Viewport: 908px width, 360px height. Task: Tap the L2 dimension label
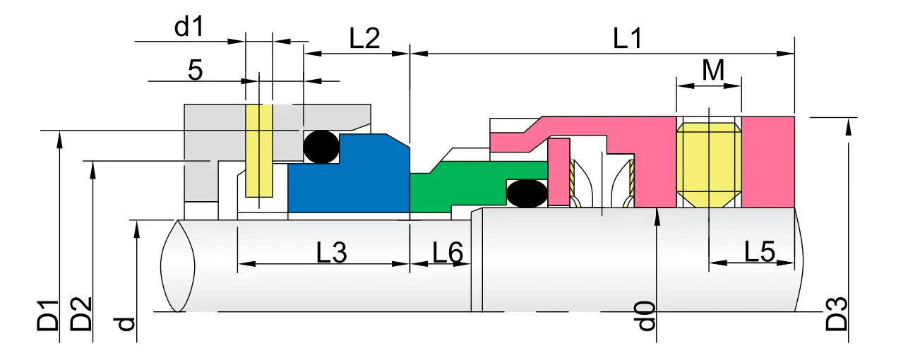(364, 39)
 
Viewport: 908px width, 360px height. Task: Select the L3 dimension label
(331, 252)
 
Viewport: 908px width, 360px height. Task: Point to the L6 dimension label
(447, 252)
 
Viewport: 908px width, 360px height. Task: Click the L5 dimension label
(759, 252)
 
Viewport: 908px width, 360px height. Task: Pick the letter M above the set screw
(713, 71)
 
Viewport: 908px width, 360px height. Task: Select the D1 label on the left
(48, 315)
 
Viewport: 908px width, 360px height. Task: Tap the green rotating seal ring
(452, 187)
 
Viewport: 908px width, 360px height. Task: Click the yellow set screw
(708, 159)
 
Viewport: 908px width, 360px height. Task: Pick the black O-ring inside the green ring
(527, 193)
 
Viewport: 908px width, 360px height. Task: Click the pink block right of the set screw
(768, 161)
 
